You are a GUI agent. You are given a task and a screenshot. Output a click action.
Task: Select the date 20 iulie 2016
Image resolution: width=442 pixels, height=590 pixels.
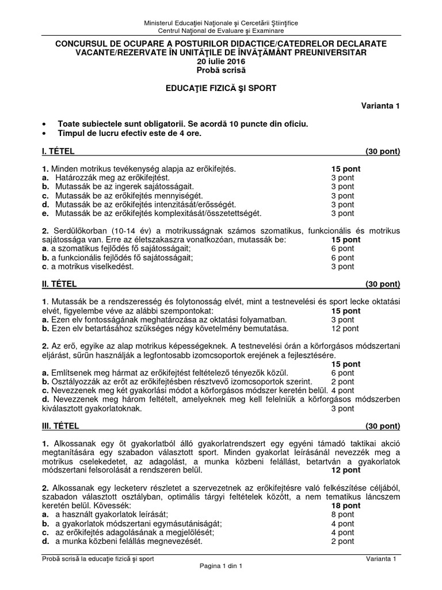221,61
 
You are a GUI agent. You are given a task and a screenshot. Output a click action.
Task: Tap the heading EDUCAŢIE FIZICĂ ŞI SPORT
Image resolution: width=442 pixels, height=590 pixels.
221,88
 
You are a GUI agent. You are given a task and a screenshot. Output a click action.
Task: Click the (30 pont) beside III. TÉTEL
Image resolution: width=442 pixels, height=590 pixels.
382,426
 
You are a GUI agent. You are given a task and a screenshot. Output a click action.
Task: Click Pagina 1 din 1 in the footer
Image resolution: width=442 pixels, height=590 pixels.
221,566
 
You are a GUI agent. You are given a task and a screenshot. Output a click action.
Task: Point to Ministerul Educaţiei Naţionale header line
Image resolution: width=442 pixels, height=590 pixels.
221,22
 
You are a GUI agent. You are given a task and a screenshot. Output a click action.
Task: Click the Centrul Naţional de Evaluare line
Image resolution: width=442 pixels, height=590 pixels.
221,31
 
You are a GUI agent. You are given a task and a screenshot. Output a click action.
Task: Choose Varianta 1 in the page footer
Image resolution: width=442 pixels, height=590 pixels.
383,558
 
